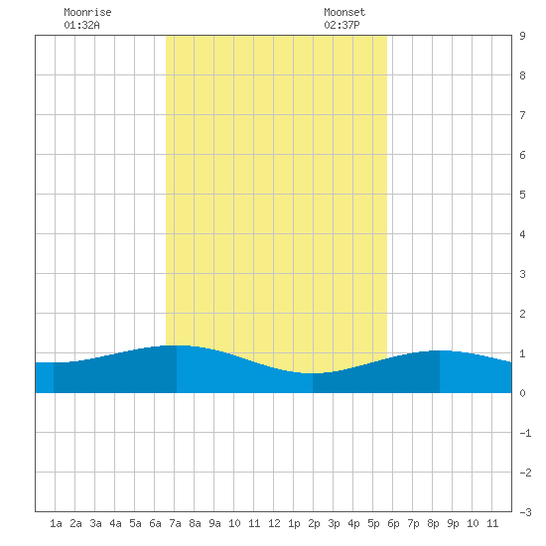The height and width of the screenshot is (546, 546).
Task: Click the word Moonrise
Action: (87, 12)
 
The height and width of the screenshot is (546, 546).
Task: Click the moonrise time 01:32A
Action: (81, 25)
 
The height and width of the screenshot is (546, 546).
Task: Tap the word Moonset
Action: (344, 12)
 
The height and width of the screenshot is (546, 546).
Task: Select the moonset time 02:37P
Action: (341, 25)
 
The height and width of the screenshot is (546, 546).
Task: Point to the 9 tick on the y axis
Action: (522, 36)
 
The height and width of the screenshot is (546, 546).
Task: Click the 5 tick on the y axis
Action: (522, 195)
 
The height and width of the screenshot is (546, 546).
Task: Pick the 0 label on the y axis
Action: (522, 393)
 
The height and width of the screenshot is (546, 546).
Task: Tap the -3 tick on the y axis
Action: (525, 512)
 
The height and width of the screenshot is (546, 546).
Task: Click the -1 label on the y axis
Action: (525, 433)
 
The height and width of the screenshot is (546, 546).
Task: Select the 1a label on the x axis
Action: (56, 523)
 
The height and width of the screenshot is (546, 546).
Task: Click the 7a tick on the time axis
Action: (175, 523)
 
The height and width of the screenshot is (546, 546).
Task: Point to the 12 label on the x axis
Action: (274, 523)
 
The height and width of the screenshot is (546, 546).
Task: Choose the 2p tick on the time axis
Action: (314, 523)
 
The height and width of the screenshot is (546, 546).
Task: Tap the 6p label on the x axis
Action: (393, 523)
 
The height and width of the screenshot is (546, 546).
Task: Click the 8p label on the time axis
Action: (433, 523)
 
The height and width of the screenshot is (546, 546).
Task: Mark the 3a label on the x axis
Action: (95, 523)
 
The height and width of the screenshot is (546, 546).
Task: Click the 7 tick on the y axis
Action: (522, 115)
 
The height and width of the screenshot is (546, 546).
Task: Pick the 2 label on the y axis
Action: (522, 314)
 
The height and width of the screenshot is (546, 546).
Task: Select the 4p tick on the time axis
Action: (353, 523)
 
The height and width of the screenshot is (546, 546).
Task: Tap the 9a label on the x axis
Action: (214, 523)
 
